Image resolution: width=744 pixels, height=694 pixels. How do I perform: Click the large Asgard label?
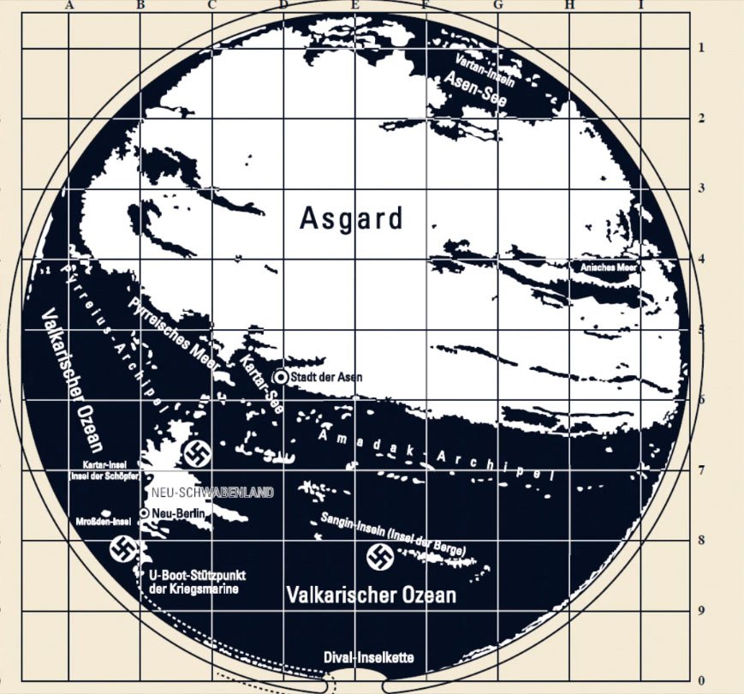click(351, 218)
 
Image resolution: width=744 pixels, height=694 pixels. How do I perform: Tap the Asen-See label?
click(475, 91)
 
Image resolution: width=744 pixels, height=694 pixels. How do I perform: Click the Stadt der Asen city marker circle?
click(280, 377)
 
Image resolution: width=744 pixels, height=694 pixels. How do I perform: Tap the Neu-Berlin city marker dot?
click(145, 512)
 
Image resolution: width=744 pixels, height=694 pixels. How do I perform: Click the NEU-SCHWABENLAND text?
click(212, 493)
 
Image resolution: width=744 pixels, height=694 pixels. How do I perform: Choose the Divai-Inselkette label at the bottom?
click(369, 658)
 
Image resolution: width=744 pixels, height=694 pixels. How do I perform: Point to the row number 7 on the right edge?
click(700, 470)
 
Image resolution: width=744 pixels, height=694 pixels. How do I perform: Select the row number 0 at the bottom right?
click(700, 681)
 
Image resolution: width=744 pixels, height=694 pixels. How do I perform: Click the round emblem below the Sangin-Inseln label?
click(380, 557)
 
